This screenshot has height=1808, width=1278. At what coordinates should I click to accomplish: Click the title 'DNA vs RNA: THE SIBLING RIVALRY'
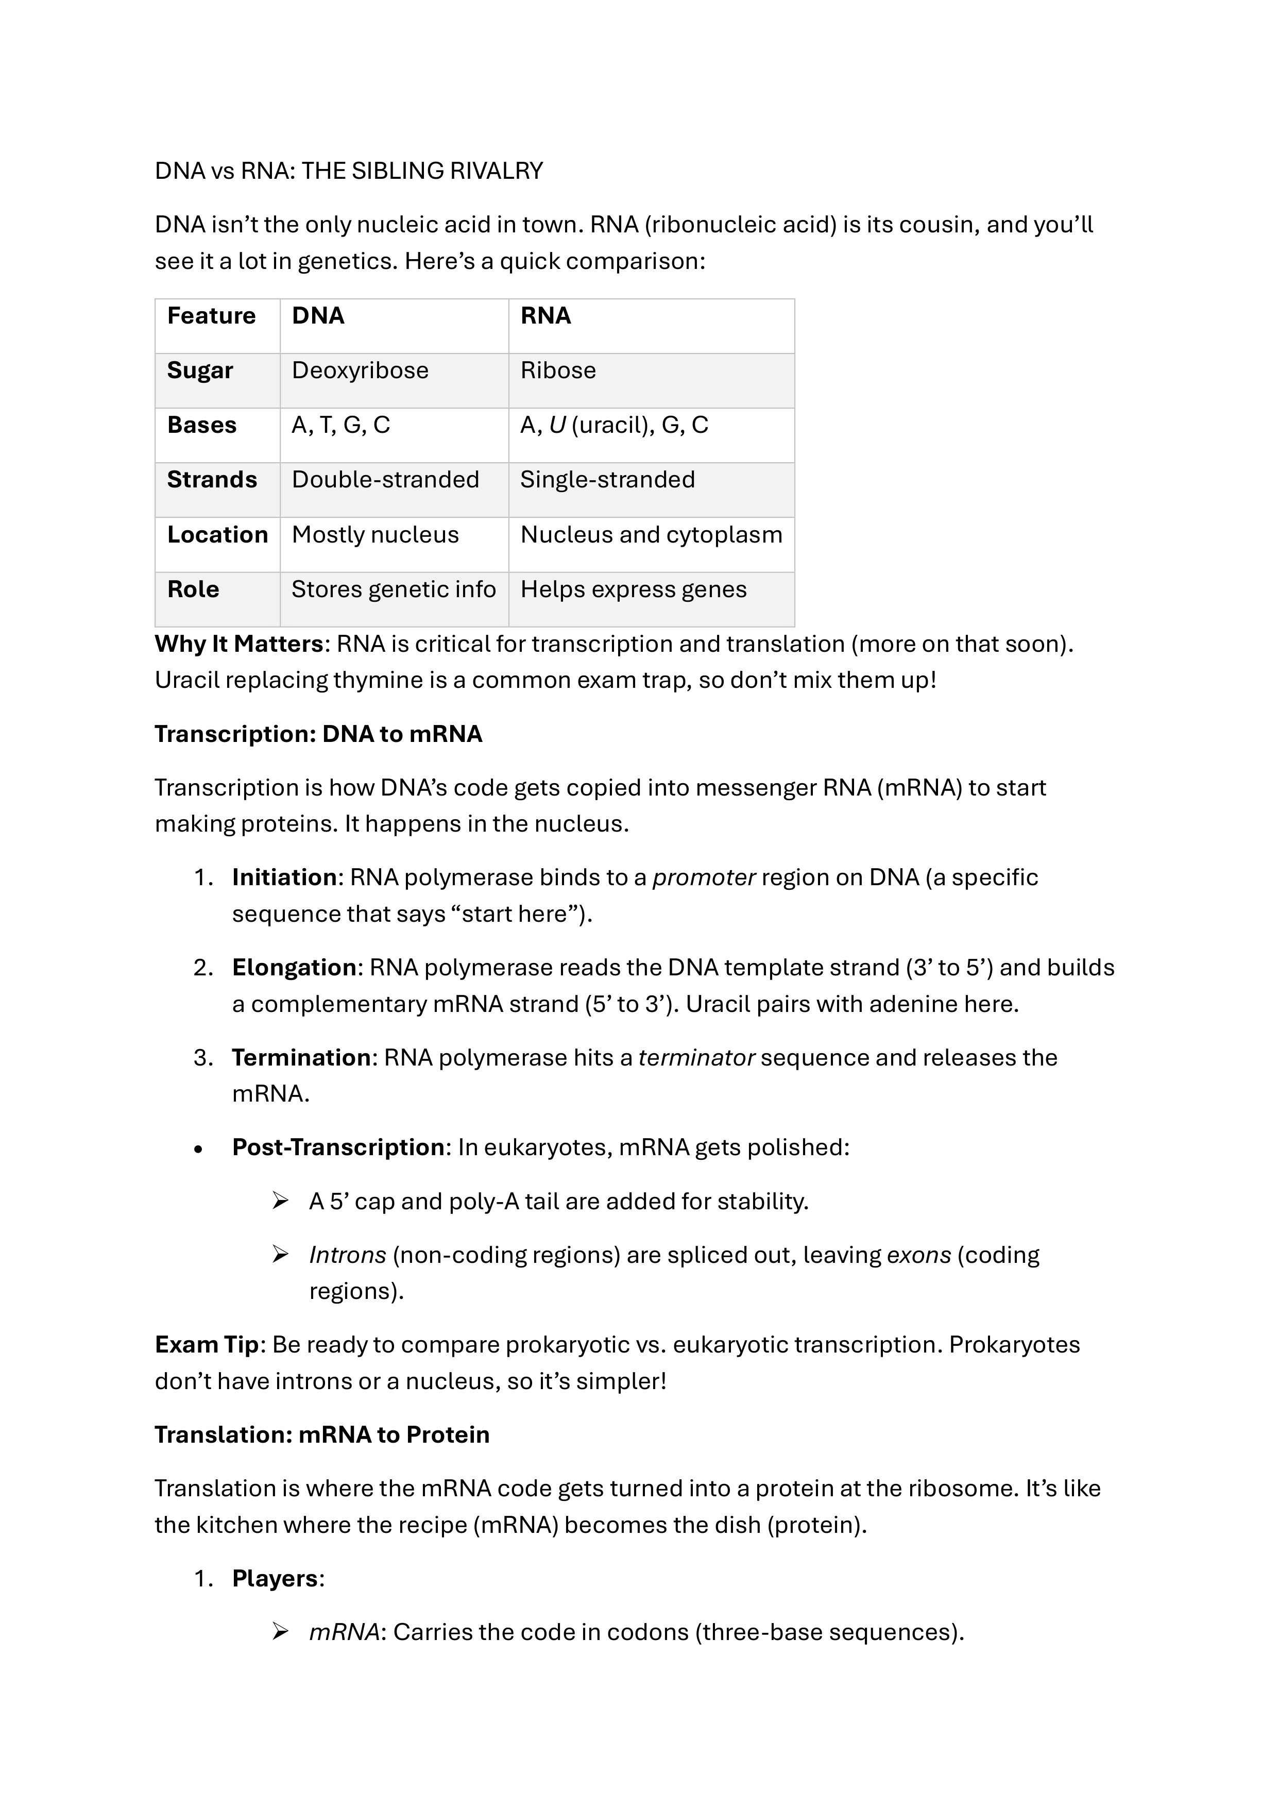349,171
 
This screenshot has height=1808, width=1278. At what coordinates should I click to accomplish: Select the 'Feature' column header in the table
211,316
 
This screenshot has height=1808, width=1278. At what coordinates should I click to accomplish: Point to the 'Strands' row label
212,480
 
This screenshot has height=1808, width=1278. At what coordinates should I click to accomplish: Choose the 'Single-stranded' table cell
607,480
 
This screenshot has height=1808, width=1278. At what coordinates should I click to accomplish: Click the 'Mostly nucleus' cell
375,535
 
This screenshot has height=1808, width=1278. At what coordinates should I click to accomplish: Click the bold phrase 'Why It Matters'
238,644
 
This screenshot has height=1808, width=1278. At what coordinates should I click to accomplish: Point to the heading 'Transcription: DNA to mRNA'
318,734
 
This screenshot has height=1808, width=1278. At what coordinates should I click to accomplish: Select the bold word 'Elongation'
294,967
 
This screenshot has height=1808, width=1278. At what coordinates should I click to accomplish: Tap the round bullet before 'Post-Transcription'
198,1150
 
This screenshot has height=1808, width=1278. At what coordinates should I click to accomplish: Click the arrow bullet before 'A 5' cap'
280,1201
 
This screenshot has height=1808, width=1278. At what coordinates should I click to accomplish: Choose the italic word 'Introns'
347,1255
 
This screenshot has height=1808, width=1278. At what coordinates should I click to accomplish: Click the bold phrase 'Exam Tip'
207,1344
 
